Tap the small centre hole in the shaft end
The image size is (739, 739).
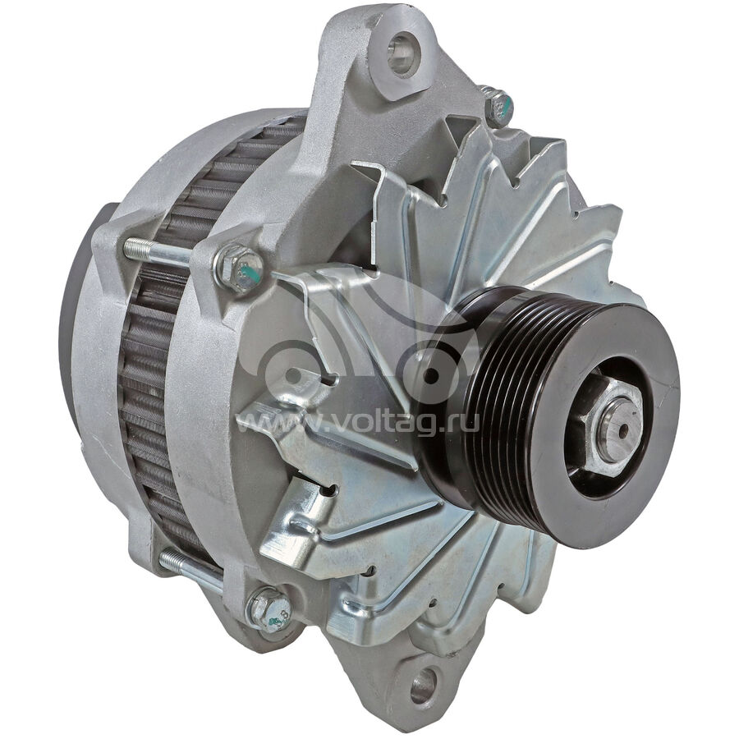tap(623, 429)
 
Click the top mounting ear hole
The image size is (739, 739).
tap(401, 54)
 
